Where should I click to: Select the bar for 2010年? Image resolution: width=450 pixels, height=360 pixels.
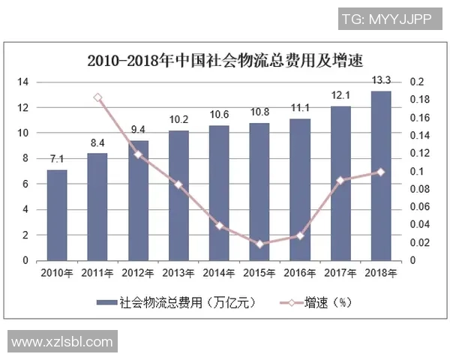coord(57,215)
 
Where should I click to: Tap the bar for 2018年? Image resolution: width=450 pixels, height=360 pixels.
coord(380,175)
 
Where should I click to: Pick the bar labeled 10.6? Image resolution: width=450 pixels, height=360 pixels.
coord(218,193)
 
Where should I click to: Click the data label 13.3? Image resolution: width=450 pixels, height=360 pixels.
coord(380,79)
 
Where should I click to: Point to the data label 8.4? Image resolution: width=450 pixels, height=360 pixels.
coord(97,142)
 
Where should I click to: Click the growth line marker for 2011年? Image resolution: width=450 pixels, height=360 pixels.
coord(97,97)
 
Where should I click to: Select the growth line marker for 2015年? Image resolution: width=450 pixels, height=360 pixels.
coord(259,244)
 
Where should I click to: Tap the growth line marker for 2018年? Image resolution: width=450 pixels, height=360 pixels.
coord(380,172)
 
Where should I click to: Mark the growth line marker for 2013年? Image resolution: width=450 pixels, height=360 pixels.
coord(178,184)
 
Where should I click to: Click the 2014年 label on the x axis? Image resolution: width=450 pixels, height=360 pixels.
coord(218,273)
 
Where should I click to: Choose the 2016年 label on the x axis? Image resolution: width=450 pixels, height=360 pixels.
coord(299,273)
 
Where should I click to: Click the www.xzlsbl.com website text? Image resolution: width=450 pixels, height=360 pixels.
coord(62,342)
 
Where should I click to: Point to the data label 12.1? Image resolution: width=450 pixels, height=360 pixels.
coord(340,95)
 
